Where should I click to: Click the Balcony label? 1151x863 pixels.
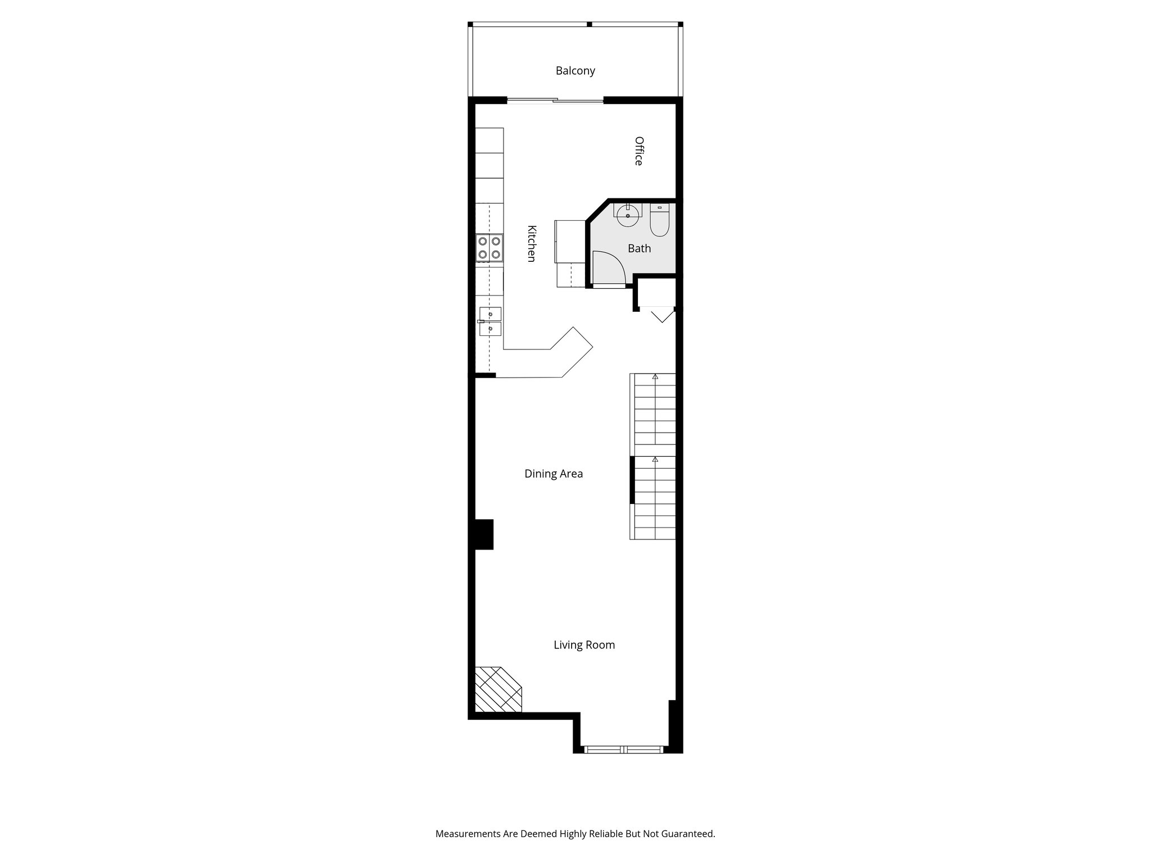pyautogui.click(x=575, y=71)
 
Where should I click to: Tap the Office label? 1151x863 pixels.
pyautogui.click(x=639, y=151)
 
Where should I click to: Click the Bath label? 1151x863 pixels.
pyautogui.click(x=639, y=248)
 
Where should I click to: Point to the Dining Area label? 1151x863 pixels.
pyautogui.click(x=553, y=474)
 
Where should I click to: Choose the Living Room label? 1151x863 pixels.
pyautogui.click(x=584, y=645)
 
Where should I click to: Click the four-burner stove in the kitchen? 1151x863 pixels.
pyautogui.click(x=489, y=248)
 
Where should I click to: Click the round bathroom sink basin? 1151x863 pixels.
pyautogui.click(x=628, y=215)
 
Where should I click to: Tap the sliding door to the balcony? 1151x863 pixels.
pyautogui.click(x=555, y=101)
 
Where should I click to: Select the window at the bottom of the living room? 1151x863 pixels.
pyautogui.click(x=624, y=749)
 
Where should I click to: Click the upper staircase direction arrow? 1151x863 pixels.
pyautogui.click(x=655, y=376)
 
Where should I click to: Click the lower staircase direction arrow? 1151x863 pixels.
pyautogui.click(x=655, y=460)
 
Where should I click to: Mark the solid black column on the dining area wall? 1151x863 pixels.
pyautogui.click(x=484, y=534)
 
